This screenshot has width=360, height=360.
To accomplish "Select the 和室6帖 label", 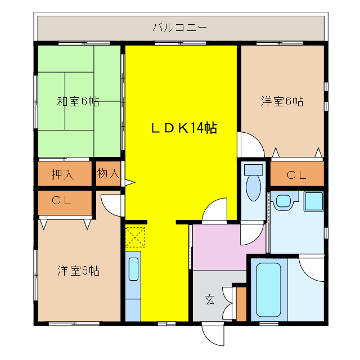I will coord(78,102).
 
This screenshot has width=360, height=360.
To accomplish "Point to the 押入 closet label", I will coord(63,174).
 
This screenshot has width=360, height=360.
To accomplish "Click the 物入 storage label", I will coord(108,174).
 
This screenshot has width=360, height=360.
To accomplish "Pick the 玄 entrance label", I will coord(209,300).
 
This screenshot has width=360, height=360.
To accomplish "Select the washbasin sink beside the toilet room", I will coord(283,200).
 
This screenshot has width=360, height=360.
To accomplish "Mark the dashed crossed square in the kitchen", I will coord(136,236).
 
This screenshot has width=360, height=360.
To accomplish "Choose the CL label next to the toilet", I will coord(296,175).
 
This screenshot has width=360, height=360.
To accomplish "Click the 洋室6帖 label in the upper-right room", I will coord(282,102).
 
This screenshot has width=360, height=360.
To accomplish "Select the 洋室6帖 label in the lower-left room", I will coord(78,271).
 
